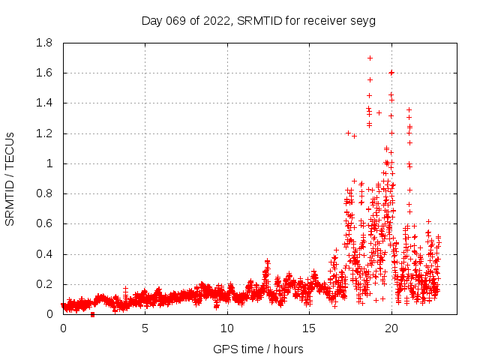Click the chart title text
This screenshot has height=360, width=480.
point(258,20)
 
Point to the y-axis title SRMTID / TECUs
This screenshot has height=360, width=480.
point(10,179)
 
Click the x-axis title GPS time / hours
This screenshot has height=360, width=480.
point(258,349)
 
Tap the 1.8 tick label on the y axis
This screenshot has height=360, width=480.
point(44,43)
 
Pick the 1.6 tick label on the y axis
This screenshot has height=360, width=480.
point(44,73)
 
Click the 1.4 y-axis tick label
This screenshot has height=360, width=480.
point(44,103)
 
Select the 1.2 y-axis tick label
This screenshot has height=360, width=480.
point(44,133)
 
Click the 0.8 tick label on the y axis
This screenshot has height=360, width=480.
point(44,193)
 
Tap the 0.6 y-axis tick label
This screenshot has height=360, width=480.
point(44,223)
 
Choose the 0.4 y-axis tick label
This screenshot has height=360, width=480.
point(44,254)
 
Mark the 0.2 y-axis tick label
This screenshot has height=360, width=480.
point(44,284)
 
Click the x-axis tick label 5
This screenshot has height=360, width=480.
point(145,328)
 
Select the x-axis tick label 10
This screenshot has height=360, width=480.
point(227,328)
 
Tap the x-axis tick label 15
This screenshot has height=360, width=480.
point(309,328)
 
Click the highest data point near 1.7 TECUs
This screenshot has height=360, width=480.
point(370,58)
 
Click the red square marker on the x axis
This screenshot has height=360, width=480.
point(92,314)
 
